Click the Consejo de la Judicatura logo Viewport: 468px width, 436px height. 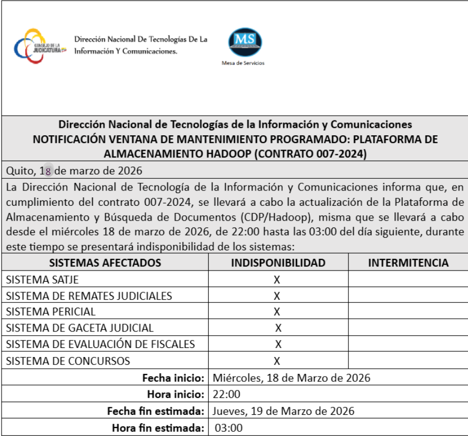[40, 47]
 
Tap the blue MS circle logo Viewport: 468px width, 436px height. [245, 41]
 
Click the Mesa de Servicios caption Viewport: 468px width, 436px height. [242, 63]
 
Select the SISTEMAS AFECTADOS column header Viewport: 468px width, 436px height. [105, 263]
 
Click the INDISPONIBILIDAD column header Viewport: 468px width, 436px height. [278, 263]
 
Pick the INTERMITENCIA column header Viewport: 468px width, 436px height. [408, 263]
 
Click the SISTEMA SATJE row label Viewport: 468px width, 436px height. [42, 280]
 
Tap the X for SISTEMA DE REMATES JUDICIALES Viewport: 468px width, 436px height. [276, 296]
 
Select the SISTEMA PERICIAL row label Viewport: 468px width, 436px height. [51, 312]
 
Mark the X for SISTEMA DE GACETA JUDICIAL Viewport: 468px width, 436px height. [278, 328]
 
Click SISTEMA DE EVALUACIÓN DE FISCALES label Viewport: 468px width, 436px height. [101, 345]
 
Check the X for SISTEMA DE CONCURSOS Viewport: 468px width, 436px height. [276, 361]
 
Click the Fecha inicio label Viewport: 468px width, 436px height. [173, 378]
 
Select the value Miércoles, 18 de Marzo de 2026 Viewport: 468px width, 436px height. [291, 378]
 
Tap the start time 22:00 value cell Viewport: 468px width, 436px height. [227, 395]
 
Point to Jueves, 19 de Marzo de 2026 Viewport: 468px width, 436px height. [283, 411]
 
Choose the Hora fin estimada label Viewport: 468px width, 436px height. [158, 428]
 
